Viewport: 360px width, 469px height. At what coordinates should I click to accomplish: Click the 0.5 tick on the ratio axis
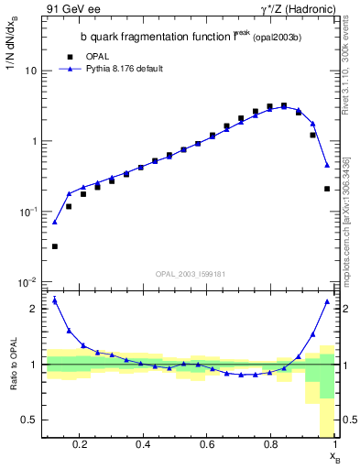(x=31, y=420)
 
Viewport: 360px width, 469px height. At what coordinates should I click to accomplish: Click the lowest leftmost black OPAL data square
(x=55, y=246)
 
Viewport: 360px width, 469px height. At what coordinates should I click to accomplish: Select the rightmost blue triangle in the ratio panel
(x=327, y=301)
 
